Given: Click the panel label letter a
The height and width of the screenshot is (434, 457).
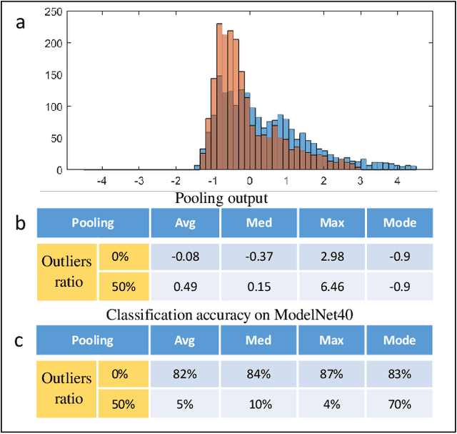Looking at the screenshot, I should click(x=22, y=22).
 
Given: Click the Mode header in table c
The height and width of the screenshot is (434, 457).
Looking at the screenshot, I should click(x=399, y=341).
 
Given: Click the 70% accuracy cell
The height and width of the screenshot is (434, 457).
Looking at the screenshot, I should click(x=399, y=405).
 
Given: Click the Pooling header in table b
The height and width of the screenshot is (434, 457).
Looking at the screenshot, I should click(x=92, y=223).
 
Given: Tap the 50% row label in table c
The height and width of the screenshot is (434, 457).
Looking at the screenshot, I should click(x=123, y=405).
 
